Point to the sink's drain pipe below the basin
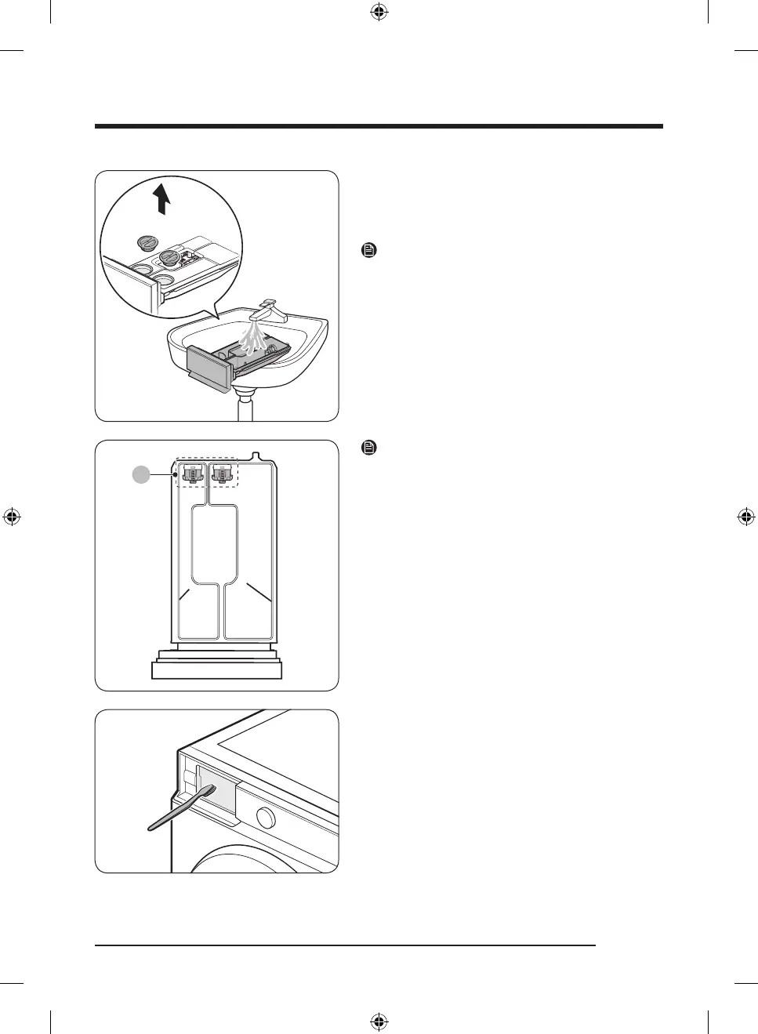(x=245, y=407)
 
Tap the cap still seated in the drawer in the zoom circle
(x=169, y=258)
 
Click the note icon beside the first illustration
(x=369, y=251)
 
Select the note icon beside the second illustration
(x=369, y=448)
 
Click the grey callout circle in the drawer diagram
(x=140, y=474)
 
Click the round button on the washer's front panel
(x=266, y=818)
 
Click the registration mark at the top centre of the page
(x=379, y=12)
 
